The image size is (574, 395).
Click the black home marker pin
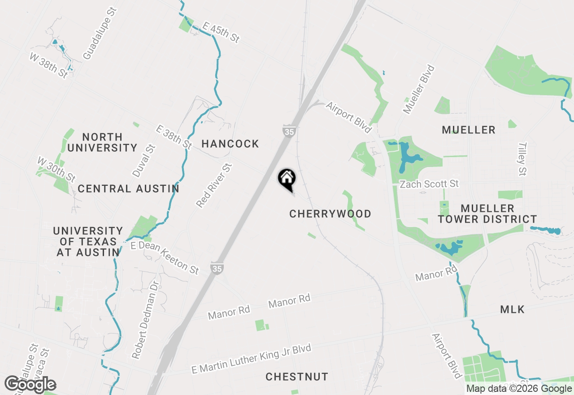287,179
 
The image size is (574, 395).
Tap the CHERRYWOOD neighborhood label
330,214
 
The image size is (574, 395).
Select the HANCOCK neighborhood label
230,144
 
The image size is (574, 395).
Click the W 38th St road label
49,66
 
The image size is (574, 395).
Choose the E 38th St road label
174,137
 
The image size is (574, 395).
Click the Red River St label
214,185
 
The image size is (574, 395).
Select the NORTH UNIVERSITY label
102,142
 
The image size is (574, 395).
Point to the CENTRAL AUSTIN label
128,189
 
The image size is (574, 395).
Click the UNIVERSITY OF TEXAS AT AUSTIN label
88,241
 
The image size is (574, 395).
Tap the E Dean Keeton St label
165,258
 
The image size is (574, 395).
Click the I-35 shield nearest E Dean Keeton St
217,268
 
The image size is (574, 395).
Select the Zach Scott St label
429,184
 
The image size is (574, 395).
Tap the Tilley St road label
522,159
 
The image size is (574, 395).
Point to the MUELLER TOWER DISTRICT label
487,214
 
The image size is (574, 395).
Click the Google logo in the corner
30,385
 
